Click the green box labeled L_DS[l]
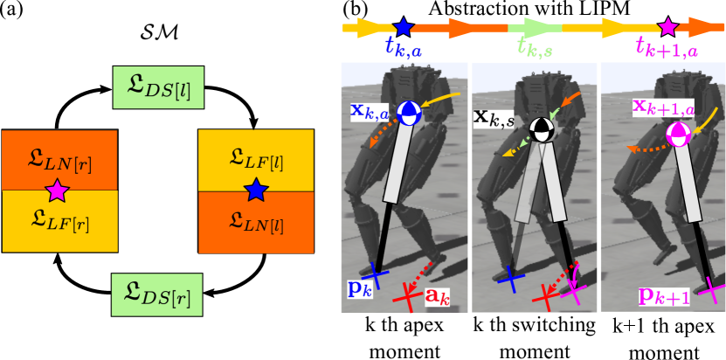click(158, 87)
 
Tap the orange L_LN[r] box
click(59, 159)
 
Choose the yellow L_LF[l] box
click(256, 159)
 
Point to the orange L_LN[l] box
click(256, 222)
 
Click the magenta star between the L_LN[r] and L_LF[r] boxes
click(57, 190)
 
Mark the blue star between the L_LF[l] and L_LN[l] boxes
click(255, 190)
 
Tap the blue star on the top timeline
click(403, 27)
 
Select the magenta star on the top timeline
click(667, 27)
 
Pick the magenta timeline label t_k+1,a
click(667, 49)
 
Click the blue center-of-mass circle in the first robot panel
click(408, 113)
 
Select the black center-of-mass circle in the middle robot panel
click(542, 128)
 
